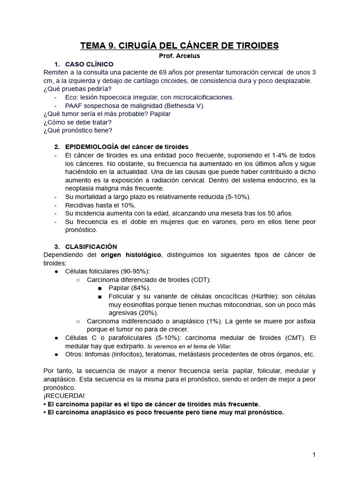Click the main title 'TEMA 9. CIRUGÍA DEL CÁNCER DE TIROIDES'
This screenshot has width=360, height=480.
coord(180,45)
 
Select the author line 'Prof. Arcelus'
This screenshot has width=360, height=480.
coord(180,56)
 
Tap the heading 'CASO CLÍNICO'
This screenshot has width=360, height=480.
coord(89,64)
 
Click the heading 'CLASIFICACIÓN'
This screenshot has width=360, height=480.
coord(91,246)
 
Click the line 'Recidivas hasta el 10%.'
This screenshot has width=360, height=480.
coord(100,205)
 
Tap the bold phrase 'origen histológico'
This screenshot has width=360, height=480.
coord(131,255)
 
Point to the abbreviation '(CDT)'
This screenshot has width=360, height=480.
coord(202,279)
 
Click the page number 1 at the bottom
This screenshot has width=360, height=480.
coord(314,455)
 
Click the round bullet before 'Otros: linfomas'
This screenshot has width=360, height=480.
coord(56,354)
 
